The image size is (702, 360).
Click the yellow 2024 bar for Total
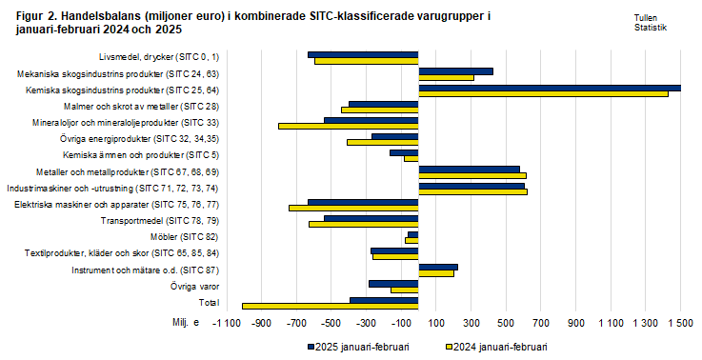click(x=330, y=306)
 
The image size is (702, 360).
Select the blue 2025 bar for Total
click(x=384, y=300)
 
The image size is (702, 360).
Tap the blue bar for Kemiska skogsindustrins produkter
click(x=550, y=88)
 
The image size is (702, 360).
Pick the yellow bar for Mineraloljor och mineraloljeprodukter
click(x=348, y=126)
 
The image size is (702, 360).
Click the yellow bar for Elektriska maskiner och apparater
click(x=353, y=208)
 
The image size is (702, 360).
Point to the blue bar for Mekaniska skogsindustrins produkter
click(x=455, y=71)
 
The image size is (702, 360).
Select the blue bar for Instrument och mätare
click(x=438, y=268)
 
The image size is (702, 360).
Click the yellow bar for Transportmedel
click(x=363, y=225)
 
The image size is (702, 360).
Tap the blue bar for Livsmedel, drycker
click(x=363, y=55)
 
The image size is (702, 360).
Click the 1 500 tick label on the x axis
click(x=680, y=325)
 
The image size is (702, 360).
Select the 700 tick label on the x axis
click(x=541, y=325)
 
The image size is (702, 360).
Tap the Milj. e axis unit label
click(x=186, y=324)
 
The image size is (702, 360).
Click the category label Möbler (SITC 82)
click(x=185, y=236)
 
